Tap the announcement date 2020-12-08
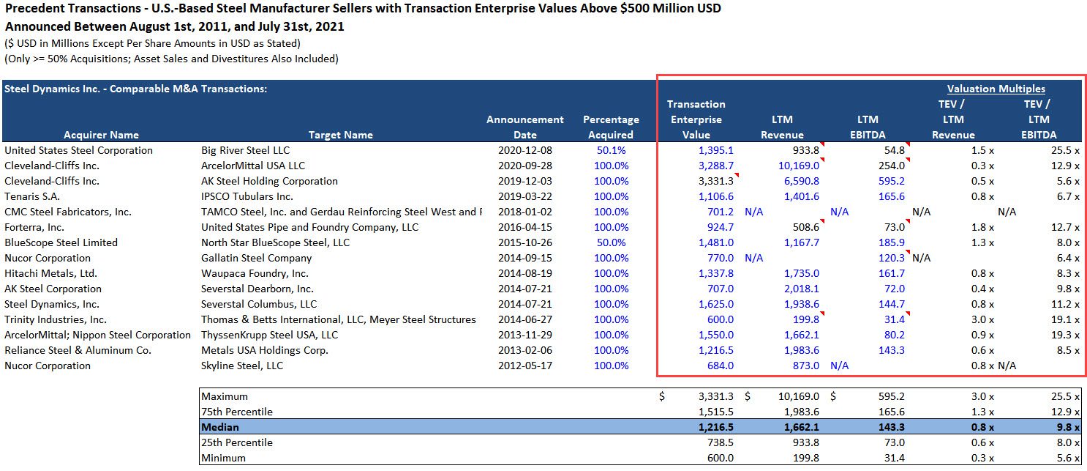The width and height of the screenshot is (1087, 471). pos(525,150)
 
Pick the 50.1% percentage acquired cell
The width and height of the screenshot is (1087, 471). pos(611,150)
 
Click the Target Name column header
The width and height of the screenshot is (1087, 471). pos(340,135)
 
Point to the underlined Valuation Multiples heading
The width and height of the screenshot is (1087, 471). pos(996,89)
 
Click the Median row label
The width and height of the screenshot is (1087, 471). pos(220,427)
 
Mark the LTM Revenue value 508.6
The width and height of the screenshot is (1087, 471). pos(805,227)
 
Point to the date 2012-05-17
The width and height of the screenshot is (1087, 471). pos(525,366)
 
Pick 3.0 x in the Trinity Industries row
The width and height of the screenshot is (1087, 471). pos(980,319)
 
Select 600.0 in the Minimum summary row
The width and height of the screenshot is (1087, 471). pos(719,458)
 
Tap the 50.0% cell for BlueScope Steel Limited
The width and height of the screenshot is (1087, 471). pos(611,242)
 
